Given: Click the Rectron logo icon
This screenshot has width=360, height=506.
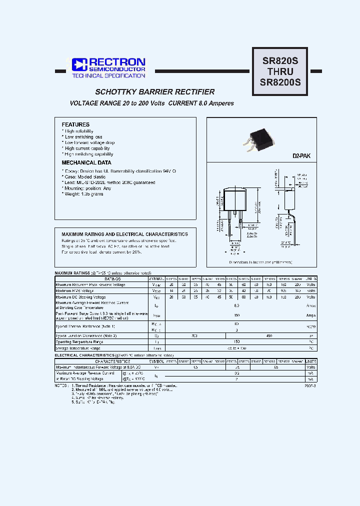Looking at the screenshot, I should click(79, 64).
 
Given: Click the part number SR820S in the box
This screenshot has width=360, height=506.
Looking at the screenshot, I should click(280, 61).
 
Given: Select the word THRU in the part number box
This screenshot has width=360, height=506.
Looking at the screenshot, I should click(280, 71).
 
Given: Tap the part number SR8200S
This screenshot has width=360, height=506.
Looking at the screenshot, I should click(280, 82).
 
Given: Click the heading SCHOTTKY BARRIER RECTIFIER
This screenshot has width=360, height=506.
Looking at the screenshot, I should click(155, 92).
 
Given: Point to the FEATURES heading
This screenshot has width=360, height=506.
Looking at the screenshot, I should click(75, 124).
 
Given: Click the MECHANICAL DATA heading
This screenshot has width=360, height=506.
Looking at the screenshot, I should click(86, 162).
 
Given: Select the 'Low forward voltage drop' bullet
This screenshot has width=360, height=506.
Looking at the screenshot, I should click(89, 142).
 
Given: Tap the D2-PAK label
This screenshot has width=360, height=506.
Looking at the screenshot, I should click(301, 156).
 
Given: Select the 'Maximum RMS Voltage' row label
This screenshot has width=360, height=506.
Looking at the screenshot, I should click(75, 290).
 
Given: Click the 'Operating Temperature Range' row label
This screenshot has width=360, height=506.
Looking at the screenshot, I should click(80, 342).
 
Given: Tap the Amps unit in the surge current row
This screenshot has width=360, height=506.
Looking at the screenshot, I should click(311, 315).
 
